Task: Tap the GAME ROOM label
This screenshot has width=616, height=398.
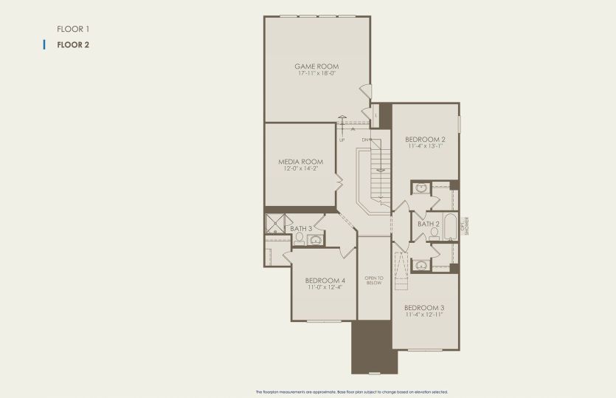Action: click(317, 66)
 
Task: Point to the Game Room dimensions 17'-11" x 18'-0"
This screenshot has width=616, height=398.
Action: click(317, 73)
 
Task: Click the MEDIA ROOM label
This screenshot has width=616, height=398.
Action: click(301, 162)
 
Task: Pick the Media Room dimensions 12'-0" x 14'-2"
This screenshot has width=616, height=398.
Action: click(301, 168)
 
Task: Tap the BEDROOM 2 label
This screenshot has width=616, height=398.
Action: click(425, 140)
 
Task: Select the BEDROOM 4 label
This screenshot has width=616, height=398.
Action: click(325, 281)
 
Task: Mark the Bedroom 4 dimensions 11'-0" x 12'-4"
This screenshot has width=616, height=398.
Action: click(325, 287)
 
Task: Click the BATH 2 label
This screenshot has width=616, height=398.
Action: click(429, 224)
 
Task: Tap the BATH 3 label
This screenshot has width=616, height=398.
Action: click(301, 229)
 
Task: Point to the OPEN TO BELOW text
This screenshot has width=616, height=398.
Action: click(374, 280)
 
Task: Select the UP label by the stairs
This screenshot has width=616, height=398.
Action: click(342, 140)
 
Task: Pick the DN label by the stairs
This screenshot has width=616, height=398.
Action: click(365, 140)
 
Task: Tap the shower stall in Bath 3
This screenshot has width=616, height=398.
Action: click(275, 222)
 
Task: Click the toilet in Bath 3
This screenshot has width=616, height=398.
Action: click(300, 239)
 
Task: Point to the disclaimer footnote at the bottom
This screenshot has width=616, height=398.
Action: click(351, 391)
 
